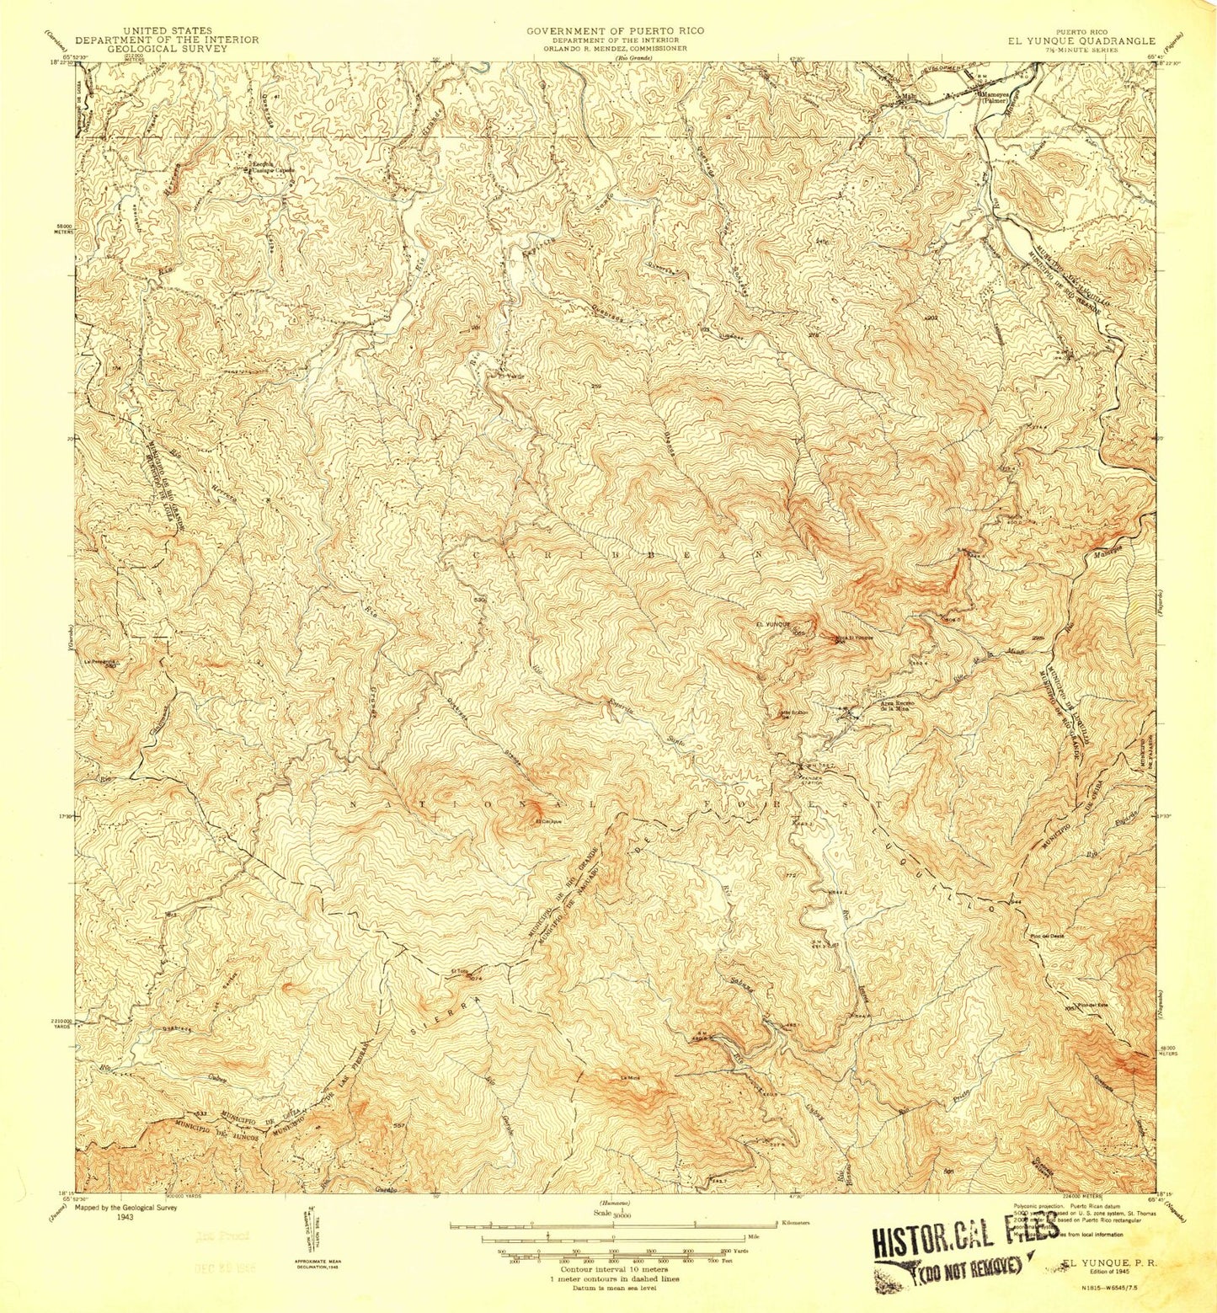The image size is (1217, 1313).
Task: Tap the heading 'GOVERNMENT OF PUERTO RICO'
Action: click(615, 31)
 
